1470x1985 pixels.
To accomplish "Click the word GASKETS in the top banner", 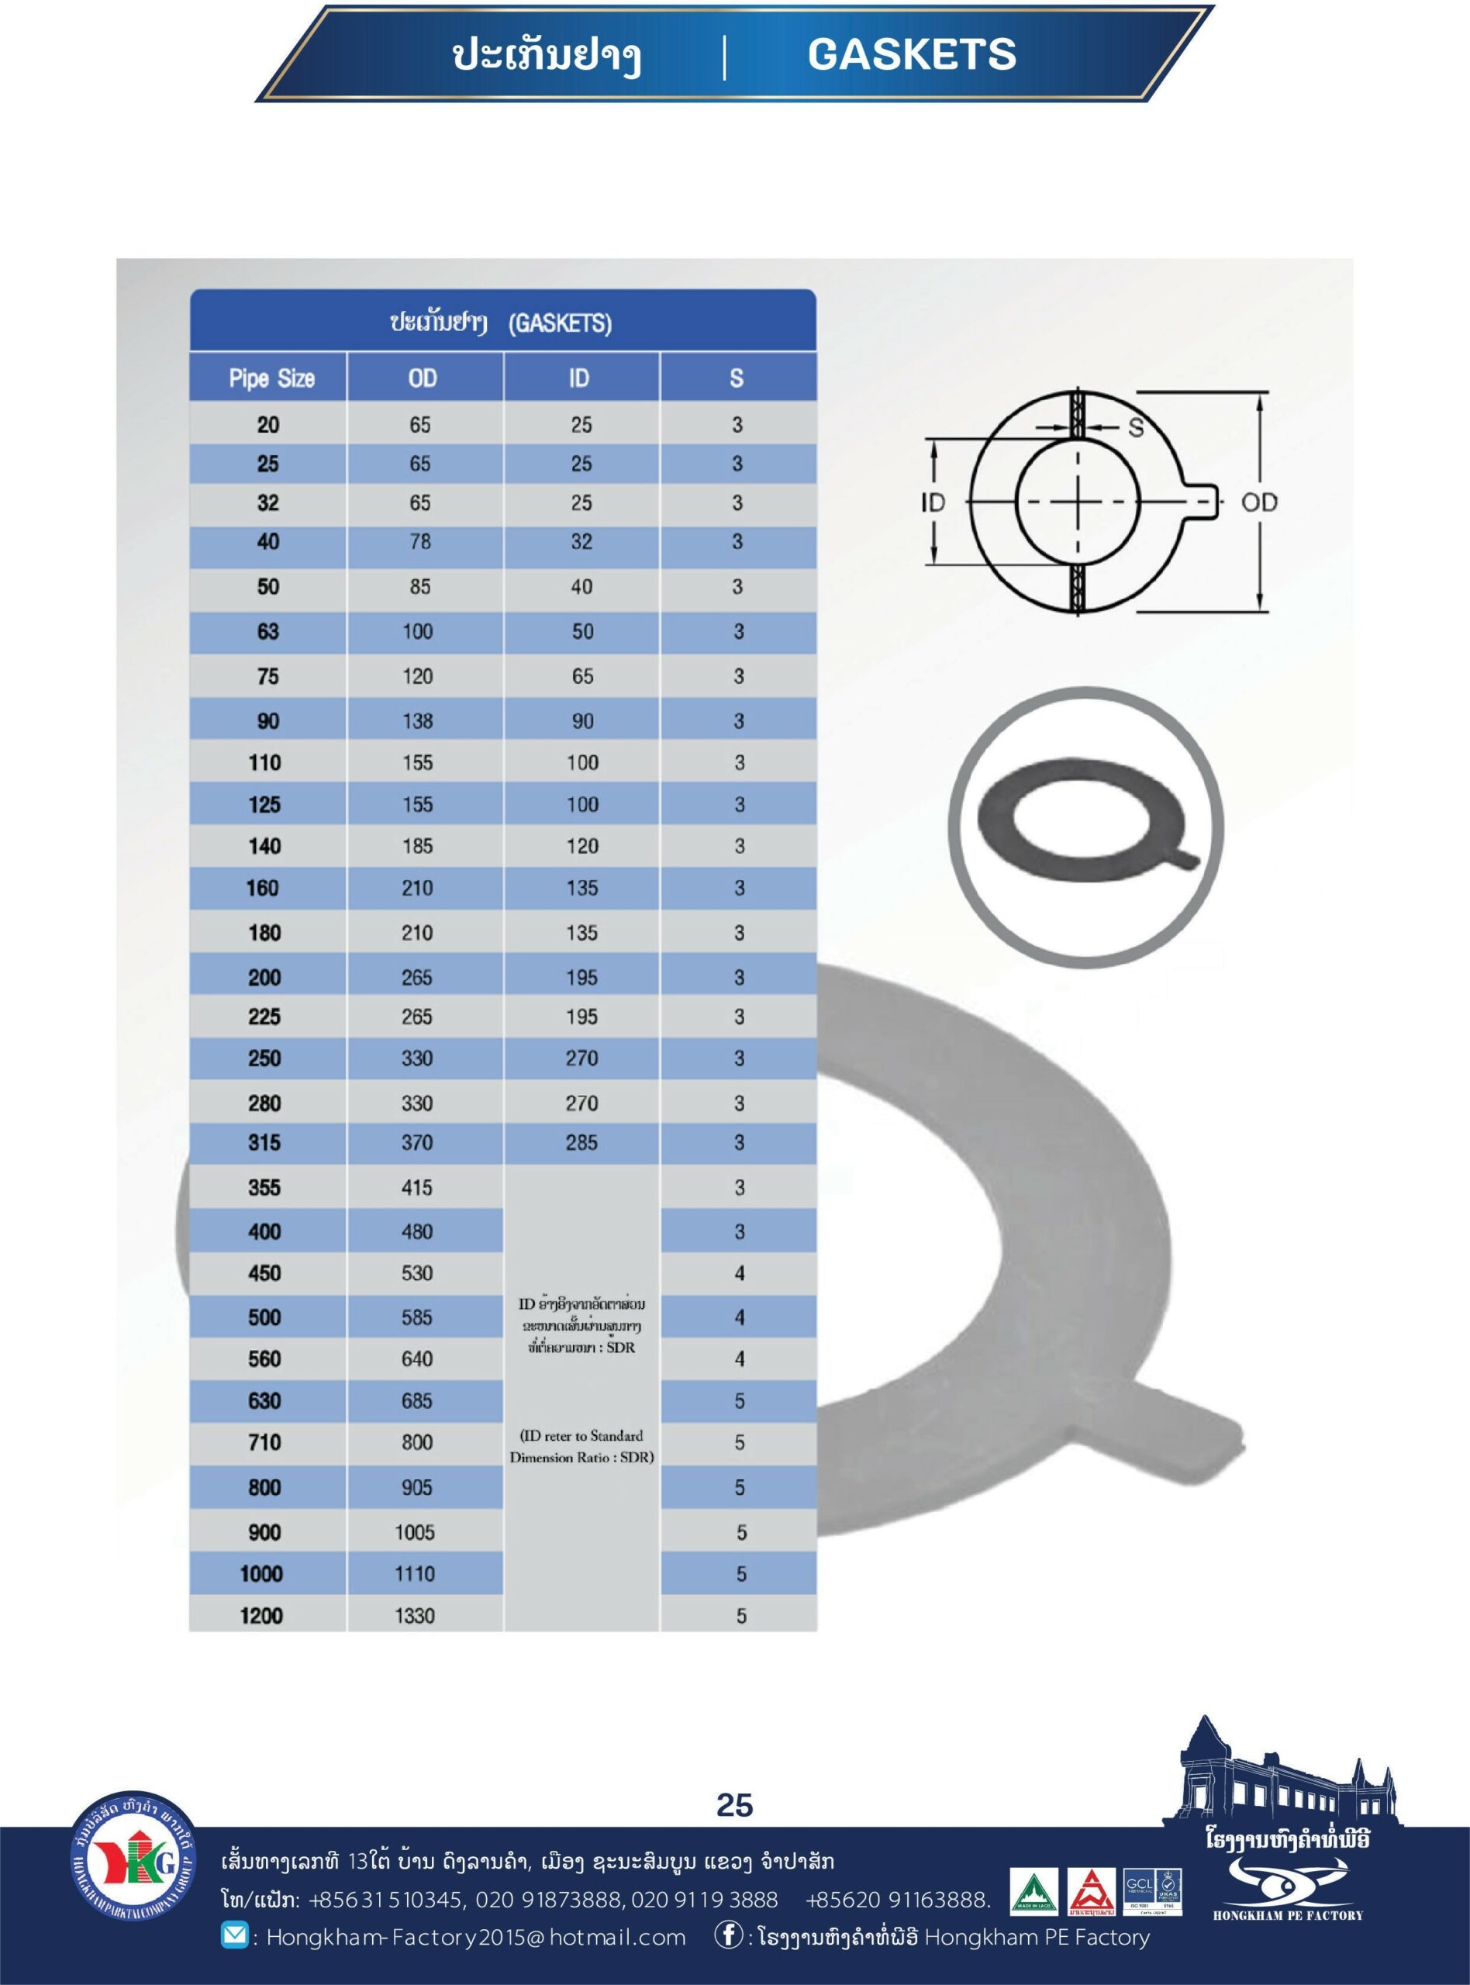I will (911, 54).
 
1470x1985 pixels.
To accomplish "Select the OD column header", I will (423, 378).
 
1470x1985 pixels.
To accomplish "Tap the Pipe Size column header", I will (271, 378).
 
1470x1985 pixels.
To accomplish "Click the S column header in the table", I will (737, 378).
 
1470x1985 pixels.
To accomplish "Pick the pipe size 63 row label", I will (267, 632).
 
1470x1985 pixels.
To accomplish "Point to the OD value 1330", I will (416, 1616).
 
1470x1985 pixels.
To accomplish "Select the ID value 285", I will (582, 1142).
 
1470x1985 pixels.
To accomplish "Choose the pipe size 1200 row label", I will (261, 1616).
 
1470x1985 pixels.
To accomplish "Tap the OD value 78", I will (419, 542).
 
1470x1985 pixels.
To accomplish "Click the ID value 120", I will (583, 846).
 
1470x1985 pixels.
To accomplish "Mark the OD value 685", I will (416, 1401).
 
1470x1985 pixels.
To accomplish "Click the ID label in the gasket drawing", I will (933, 502).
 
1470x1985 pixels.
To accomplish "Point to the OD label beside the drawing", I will (1259, 502).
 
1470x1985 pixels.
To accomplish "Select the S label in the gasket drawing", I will (1135, 428).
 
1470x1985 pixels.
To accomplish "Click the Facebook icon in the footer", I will (728, 1936).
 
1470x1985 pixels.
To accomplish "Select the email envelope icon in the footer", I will (234, 1936).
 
